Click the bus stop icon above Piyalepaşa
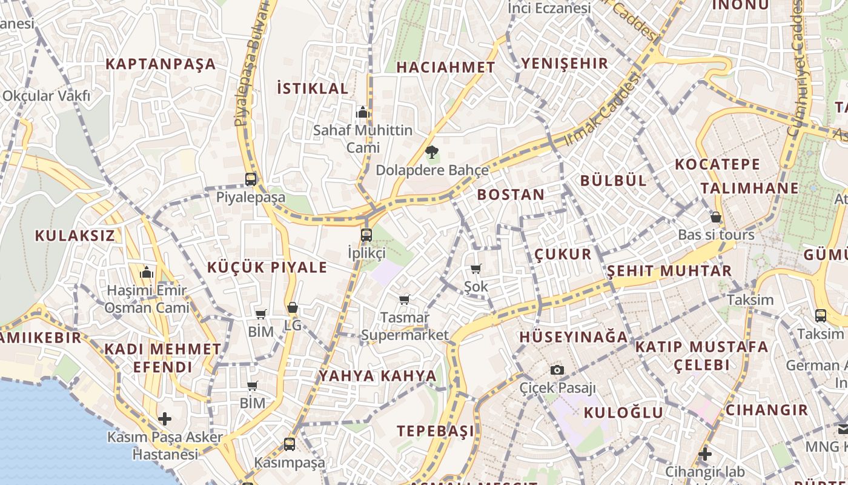250,179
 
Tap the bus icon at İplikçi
366,235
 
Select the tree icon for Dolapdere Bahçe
431,152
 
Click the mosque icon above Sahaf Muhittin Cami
363,112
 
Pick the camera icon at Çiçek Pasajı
557,370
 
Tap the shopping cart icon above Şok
476,269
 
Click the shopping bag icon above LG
293,308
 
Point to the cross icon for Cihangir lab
704,453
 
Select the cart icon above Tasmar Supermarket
405,299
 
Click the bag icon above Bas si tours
716,217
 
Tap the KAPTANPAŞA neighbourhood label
161,64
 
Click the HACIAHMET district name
446,67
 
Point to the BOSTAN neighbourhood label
511,195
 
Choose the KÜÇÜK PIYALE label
267,267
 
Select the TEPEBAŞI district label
436,431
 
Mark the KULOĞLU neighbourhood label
623,413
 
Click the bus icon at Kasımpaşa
290,444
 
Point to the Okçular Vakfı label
46,96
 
